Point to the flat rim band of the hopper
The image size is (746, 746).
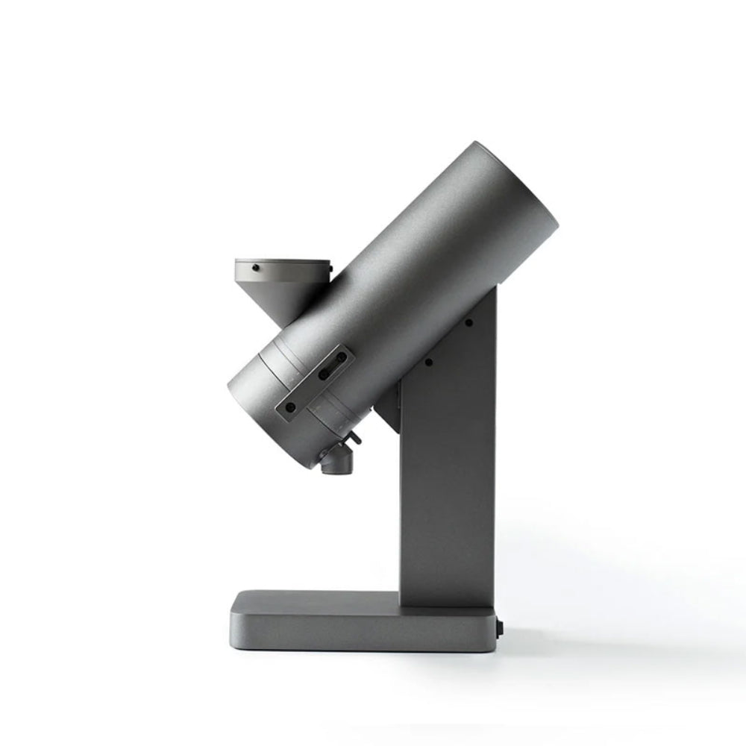[x=283, y=269]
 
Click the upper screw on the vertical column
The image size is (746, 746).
[x=468, y=323]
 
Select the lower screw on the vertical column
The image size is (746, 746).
[x=429, y=363]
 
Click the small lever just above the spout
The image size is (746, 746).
[x=354, y=441]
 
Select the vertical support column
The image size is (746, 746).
[x=448, y=485]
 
